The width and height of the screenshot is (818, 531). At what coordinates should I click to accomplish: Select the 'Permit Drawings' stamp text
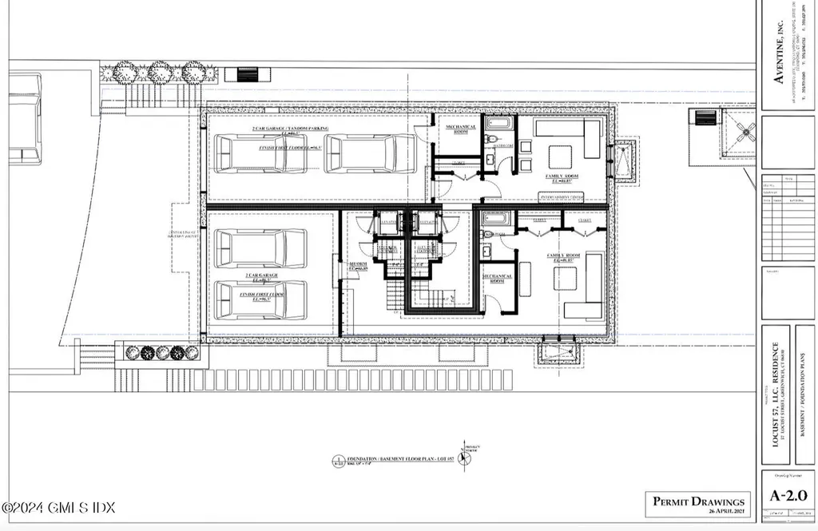click(698, 501)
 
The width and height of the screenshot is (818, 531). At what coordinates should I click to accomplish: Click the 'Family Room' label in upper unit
click(562, 177)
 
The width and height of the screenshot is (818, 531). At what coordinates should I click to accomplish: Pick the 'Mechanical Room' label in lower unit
click(497, 279)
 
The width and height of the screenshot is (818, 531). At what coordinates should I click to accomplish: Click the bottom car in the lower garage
click(261, 299)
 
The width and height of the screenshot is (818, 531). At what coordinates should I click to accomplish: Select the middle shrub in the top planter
click(159, 72)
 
